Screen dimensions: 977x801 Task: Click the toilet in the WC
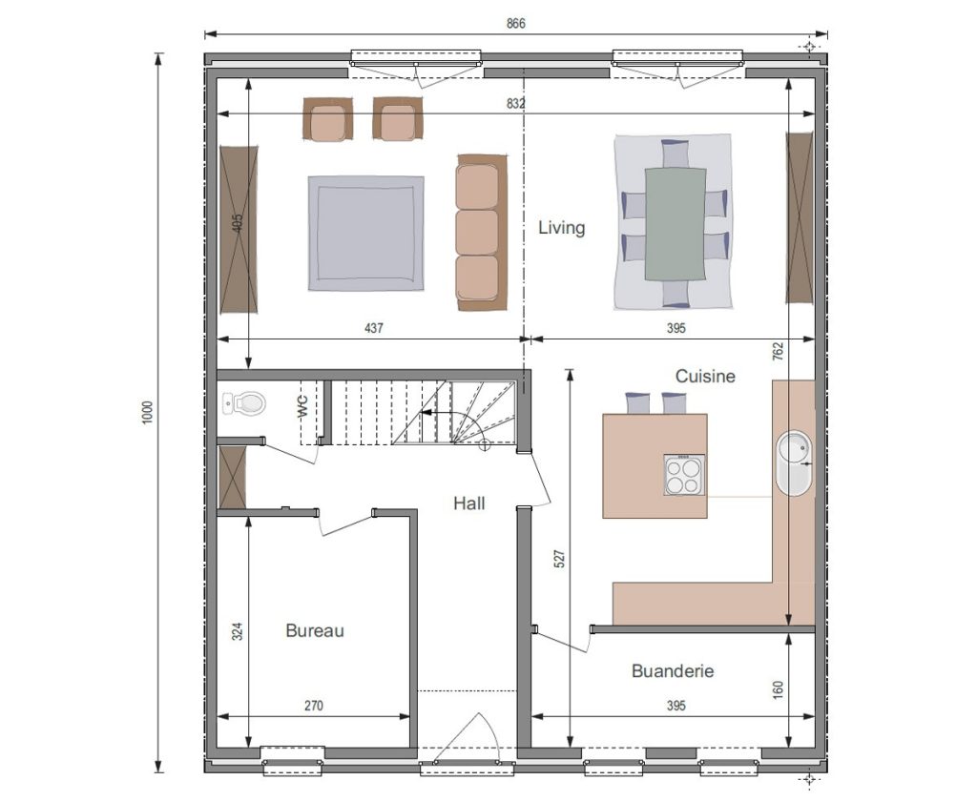pos(243,403)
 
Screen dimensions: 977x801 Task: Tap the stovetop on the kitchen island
pos(684,475)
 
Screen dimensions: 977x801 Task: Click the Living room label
pos(561,228)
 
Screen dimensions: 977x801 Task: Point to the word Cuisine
pos(705,377)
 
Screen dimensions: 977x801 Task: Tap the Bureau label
pos(315,630)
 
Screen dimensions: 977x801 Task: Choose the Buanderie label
pos(673,670)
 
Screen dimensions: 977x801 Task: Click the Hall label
pos(468,503)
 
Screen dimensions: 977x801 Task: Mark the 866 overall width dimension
pos(516,24)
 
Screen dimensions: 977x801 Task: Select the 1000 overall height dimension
pos(148,412)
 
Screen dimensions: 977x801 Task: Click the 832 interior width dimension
pos(515,104)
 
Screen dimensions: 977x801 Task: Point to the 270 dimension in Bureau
pos(313,706)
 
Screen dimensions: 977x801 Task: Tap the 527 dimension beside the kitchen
pos(559,558)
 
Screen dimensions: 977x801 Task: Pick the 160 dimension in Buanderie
pos(777,688)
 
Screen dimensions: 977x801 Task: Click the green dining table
pos(676,223)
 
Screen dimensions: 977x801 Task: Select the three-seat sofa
pos(482,233)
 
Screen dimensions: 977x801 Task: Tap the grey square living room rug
pos(366,233)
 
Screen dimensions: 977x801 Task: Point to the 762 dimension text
pos(777,351)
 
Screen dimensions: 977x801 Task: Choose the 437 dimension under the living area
pos(373,328)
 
